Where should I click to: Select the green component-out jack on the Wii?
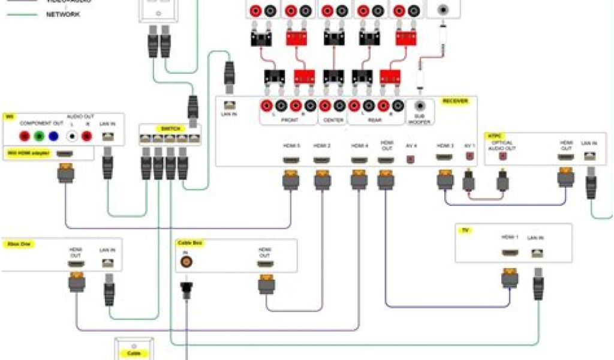pyautogui.click(x=39, y=136)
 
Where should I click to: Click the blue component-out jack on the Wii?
pyautogui.click(x=54, y=136)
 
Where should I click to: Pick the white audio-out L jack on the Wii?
pyautogui.click(x=72, y=136)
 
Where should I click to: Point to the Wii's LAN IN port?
pyautogui.click(x=108, y=136)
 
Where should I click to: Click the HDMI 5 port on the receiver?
pyautogui.click(x=291, y=160)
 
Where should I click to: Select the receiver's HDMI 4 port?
pyautogui.click(x=359, y=160)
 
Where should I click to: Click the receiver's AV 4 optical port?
pyautogui.click(x=411, y=160)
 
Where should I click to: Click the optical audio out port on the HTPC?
pyautogui.click(x=502, y=157)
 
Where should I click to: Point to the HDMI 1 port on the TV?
pyautogui.click(x=510, y=253)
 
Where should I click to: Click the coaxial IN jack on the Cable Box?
pyautogui.click(x=186, y=262)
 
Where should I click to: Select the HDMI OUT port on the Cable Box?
pyautogui.click(x=265, y=264)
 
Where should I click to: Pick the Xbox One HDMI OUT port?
pyautogui.click(x=76, y=263)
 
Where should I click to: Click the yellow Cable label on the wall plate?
pyautogui.click(x=133, y=353)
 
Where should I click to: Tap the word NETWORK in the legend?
pyautogui.click(x=63, y=14)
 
